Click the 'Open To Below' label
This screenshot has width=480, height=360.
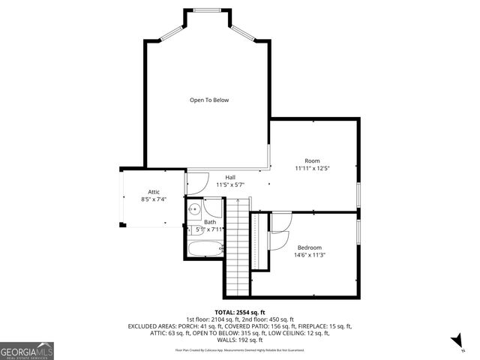(x=208, y=100)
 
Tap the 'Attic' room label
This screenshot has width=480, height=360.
(x=153, y=192)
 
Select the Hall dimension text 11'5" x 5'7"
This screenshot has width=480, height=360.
(x=231, y=184)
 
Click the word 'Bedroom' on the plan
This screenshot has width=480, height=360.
(x=309, y=247)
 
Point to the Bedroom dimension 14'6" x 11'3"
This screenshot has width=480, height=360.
(x=309, y=255)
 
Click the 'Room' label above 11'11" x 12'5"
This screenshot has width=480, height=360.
(x=312, y=160)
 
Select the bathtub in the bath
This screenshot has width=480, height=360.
(x=204, y=249)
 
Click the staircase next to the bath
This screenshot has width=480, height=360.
(x=237, y=247)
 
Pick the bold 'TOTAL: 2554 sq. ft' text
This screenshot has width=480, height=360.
(x=240, y=312)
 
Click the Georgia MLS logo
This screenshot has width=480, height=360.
(x=27, y=350)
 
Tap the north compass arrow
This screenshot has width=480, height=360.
(x=456, y=342)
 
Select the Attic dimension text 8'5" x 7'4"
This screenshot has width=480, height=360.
(x=153, y=199)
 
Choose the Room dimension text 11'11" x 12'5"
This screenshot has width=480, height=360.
(x=312, y=168)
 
